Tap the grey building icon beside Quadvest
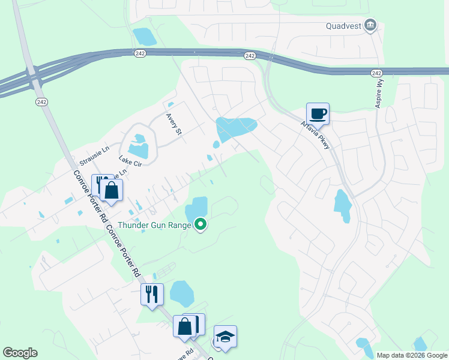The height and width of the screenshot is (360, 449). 370,25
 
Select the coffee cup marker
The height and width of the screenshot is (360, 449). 318,113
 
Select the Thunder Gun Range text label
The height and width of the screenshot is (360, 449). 155,225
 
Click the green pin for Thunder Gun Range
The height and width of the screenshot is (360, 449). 201,225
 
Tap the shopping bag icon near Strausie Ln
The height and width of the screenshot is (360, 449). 112,191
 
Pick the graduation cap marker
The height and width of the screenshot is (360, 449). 225,337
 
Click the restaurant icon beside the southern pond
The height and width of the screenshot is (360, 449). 151,294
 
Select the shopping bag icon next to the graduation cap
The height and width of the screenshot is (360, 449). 185,327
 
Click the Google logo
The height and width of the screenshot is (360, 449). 20,353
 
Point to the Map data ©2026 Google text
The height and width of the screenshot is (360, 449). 411,355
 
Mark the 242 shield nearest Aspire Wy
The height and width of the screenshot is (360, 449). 376,73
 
